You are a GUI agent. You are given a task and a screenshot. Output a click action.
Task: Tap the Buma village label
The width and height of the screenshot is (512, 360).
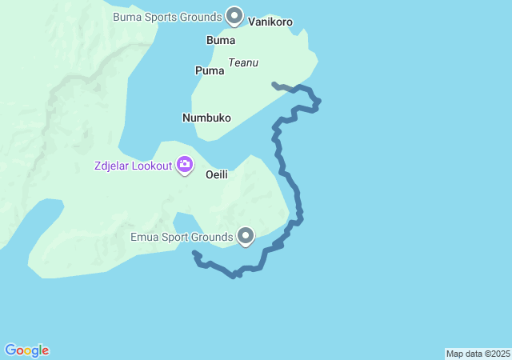pos(221,40)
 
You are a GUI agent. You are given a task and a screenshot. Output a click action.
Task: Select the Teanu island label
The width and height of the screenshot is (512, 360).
pos(243,62)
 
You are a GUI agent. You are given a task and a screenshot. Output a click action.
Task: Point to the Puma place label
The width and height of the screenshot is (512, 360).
pos(210,70)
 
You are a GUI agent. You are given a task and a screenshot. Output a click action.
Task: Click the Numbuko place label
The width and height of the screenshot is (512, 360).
pos(206,118)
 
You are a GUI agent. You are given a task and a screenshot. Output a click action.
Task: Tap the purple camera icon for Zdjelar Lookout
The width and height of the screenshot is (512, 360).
pos(186,165)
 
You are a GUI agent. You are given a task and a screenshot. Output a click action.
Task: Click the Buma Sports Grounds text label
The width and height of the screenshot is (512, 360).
pos(166,16)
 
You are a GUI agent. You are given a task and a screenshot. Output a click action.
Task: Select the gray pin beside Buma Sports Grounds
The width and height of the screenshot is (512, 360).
pos(234,14)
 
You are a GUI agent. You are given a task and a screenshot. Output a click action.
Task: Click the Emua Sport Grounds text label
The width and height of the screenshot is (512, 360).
pos(182,237)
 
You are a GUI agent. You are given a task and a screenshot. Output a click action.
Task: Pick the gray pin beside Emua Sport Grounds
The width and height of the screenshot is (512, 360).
pos(246,235)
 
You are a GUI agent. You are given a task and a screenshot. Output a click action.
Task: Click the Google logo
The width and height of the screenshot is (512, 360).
pos(27,350)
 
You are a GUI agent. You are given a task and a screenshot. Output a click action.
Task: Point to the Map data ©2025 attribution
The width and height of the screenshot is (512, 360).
pos(478,354)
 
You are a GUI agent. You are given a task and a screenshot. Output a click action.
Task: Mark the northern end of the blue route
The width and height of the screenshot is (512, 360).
pos(274,83)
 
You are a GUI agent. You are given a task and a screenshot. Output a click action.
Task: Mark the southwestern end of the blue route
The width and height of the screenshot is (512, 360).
pos(194,254)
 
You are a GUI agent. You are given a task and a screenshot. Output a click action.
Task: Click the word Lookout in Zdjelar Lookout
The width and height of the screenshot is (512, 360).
pos(151,166)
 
